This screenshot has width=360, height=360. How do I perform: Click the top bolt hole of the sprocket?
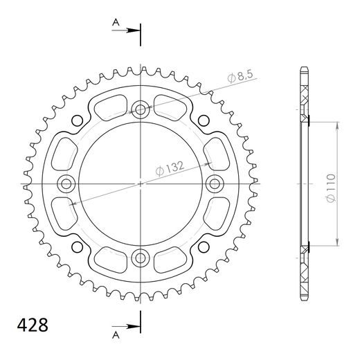(x=141, y=108)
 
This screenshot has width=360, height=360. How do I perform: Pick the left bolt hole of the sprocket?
(x=66, y=183)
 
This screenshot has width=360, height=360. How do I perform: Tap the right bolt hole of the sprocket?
(x=216, y=183)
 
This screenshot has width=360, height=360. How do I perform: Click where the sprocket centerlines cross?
(x=141, y=183)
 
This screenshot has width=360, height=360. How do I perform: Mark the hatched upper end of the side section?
(x=304, y=93)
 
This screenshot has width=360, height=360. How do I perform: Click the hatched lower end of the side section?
(x=304, y=273)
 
